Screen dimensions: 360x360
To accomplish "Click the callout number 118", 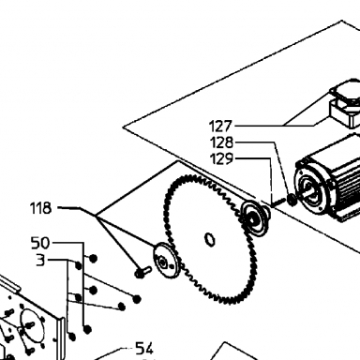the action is coord(40,208).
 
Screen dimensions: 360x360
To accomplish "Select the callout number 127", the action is coord(220,127).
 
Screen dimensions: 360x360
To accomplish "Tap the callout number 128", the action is coord(222,142).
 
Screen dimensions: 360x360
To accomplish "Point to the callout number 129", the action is coord(222,159).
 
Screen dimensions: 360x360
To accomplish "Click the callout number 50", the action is coord(40,243).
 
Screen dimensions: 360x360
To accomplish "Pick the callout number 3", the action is coord(40,261).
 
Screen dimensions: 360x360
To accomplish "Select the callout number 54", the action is coord(144,348).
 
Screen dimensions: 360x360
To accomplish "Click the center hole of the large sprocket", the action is coord(210,239).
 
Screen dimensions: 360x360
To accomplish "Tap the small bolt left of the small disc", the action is coord(142,271).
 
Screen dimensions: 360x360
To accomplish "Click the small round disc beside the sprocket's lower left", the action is coord(166,260).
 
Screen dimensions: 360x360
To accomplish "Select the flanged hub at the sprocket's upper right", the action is coord(255,218).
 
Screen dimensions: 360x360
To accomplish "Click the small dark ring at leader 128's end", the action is coord(292,200).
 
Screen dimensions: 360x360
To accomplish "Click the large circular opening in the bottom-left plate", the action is coord(30,325).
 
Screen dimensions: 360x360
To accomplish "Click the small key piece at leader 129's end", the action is coord(277,202).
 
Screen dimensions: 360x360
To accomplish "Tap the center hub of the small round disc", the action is coord(162,262).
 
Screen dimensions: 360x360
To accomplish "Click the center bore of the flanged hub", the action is coord(252,219).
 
